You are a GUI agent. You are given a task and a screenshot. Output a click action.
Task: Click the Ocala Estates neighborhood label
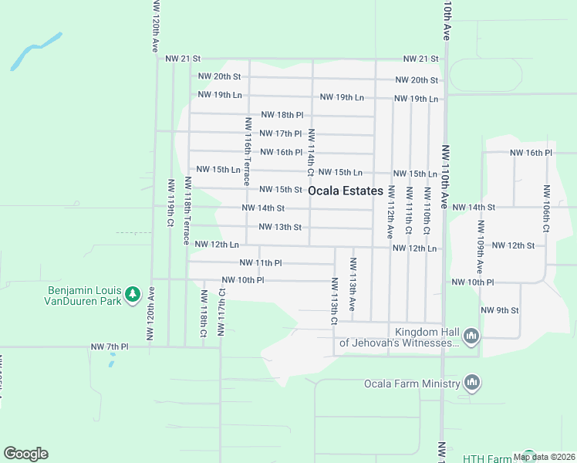pos(345,191)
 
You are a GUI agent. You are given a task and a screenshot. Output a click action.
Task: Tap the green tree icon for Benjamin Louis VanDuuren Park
pos(133,294)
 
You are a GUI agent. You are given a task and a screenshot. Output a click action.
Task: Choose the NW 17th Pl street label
pos(280,133)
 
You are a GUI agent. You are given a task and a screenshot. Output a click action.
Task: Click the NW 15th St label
pos(280,189)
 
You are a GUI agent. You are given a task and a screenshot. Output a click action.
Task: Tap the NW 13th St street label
pos(280,227)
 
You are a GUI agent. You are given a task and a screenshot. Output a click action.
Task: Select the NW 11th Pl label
pos(258,263)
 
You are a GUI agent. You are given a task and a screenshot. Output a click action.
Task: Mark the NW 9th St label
pos(499,310)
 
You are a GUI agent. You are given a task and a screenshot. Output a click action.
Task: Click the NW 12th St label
pos(512,245)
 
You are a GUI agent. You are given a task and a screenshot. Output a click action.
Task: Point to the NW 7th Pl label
pos(109,346)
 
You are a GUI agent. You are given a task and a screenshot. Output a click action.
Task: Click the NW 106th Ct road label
pos(546,209)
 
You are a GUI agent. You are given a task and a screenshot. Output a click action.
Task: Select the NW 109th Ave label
pos(480,245)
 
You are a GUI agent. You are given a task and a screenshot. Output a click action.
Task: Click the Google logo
pos(25,453)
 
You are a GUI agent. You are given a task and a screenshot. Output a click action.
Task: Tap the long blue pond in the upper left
pos(36,52)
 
